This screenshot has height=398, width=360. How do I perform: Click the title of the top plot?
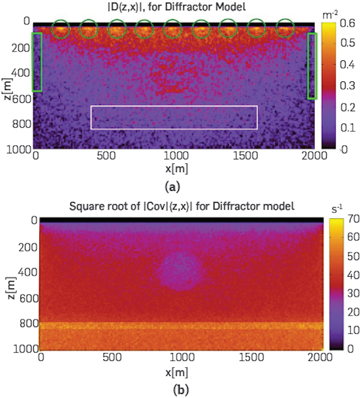point(177,7)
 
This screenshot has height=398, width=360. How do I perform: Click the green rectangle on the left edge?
point(37,62)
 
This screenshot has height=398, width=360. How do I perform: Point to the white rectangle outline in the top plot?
point(174,117)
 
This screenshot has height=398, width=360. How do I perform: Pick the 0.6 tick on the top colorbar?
point(348,24)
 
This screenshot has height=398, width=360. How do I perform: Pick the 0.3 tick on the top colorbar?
point(348,86)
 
